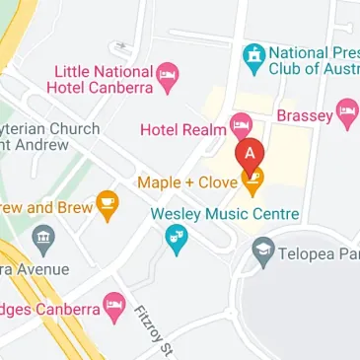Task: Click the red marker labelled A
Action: click(251, 155)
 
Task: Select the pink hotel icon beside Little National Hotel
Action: click(169, 77)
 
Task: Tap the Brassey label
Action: click(304, 115)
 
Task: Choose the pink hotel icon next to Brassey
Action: click(346, 112)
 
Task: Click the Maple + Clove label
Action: click(188, 181)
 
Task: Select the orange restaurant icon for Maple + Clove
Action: click(253, 180)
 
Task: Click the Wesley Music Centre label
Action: click(224, 213)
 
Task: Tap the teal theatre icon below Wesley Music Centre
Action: click(177, 239)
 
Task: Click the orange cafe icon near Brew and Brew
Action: click(108, 206)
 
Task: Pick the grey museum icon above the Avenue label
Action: click(41, 238)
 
